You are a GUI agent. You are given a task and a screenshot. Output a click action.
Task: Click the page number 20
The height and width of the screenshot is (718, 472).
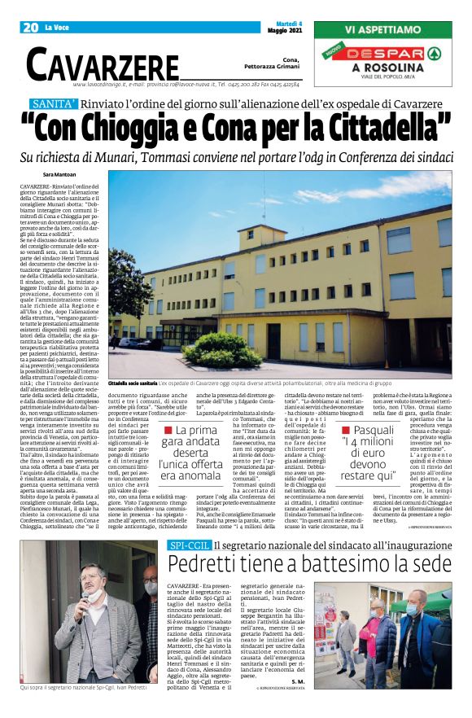(30, 28)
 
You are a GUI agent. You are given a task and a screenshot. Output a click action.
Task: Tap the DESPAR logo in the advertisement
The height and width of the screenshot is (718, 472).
(394, 54)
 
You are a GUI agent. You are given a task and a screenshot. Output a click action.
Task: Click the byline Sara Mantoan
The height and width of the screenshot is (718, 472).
(59, 175)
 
